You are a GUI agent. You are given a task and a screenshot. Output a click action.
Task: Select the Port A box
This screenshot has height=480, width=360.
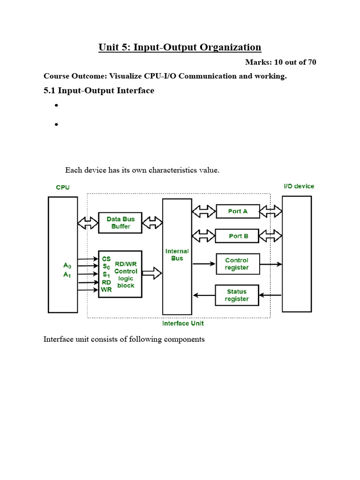(237, 211)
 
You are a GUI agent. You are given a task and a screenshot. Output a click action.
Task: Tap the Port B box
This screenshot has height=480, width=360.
(237, 236)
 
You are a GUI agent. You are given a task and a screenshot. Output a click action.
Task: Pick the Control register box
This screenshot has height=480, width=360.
(237, 264)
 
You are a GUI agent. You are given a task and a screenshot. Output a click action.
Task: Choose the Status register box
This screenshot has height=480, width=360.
(237, 295)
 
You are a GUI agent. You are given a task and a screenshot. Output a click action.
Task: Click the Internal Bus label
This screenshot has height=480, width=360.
(177, 255)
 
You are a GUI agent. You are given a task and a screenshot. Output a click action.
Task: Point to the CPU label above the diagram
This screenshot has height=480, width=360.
(63, 187)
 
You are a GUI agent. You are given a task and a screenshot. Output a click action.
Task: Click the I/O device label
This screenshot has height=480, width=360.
(299, 186)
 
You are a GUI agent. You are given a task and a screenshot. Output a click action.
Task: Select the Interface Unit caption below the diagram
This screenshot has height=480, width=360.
(183, 323)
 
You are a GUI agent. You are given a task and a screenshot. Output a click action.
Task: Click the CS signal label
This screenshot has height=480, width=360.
(106, 258)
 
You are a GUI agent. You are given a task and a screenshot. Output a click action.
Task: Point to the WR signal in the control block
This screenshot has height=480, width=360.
(106, 290)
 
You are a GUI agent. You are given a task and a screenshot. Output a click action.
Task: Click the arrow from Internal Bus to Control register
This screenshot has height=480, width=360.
(204, 264)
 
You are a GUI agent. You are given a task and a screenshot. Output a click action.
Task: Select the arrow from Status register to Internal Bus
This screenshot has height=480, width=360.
(204, 295)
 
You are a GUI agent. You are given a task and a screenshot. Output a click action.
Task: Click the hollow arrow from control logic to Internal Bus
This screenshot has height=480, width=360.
(152, 273)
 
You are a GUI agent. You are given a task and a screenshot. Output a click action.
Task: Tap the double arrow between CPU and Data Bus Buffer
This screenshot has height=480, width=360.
(88, 223)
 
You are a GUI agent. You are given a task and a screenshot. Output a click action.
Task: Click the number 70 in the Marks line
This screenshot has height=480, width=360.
(311, 62)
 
